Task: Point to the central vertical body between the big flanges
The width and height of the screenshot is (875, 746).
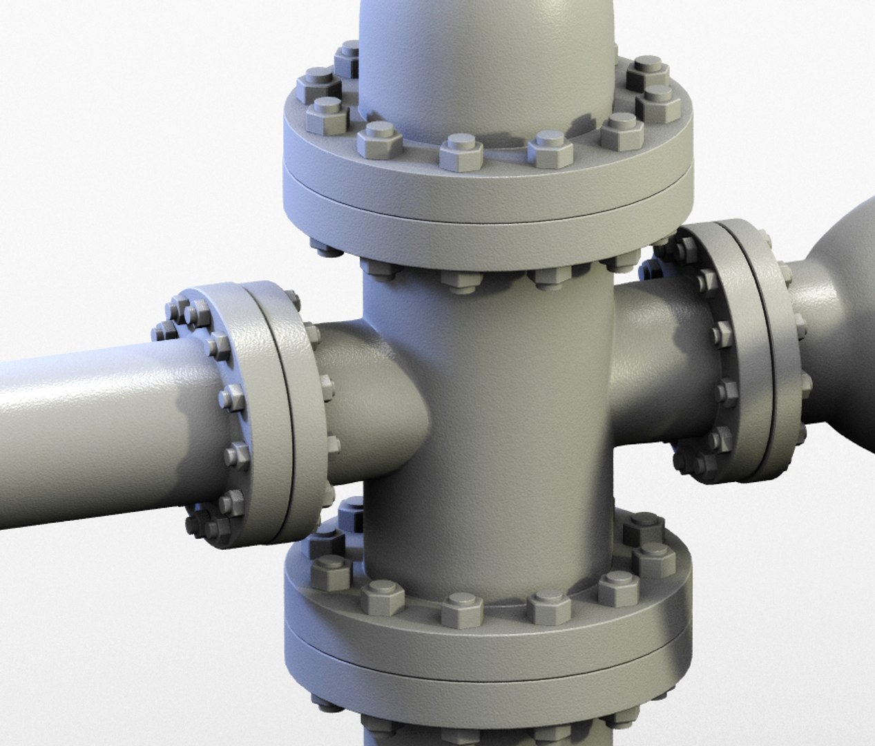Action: click(483, 414)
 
